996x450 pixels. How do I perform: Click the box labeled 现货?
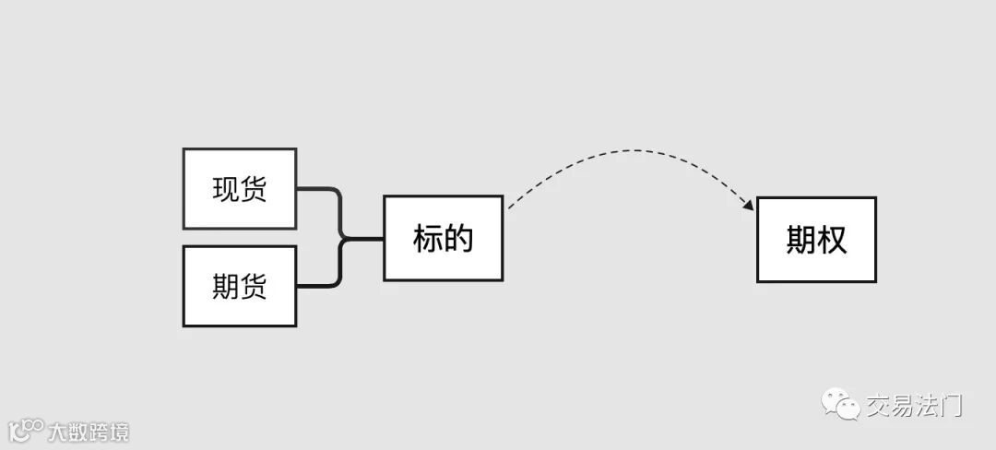coord(240,188)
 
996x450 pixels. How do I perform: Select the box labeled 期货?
coord(240,286)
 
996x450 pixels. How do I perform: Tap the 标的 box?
coord(443,238)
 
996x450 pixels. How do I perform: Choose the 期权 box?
coord(816,240)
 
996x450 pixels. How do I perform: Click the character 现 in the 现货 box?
coord(226,189)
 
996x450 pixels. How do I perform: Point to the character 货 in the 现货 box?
coord(254,189)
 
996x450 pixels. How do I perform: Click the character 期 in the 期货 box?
coord(226,287)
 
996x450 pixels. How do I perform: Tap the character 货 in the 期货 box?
coord(254,287)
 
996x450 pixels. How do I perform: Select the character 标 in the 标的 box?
coord(428,239)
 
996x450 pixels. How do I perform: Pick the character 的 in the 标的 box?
coord(458,239)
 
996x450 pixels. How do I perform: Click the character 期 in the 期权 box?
coord(800,241)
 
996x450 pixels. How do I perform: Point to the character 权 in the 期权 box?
coord(832,241)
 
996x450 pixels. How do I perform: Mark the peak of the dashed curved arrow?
coord(632,150)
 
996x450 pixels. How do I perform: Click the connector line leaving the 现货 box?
coord(318,189)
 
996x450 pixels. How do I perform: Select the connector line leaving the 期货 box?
coord(318,286)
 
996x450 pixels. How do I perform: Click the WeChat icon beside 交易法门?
coord(841,405)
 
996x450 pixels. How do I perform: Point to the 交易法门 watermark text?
coord(913,405)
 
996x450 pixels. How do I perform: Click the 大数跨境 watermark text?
coord(89,432)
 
